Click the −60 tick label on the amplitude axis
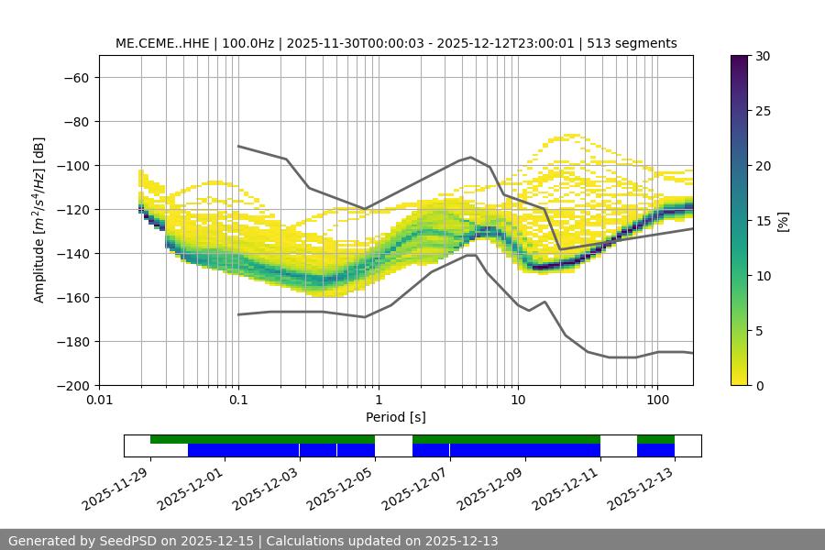[x=75, y=77]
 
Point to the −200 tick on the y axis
[x=71, y=385]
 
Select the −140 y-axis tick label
[x=71, y=253]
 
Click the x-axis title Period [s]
[x=395, y=417]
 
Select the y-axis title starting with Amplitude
[x=39, y=220]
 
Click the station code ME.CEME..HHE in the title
[x=163, y=43]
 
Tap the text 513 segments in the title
[x=632, y=43]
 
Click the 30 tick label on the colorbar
[x=762, y=56]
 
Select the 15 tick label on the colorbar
[x=762, y=221]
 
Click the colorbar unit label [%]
[x=783, y=221]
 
